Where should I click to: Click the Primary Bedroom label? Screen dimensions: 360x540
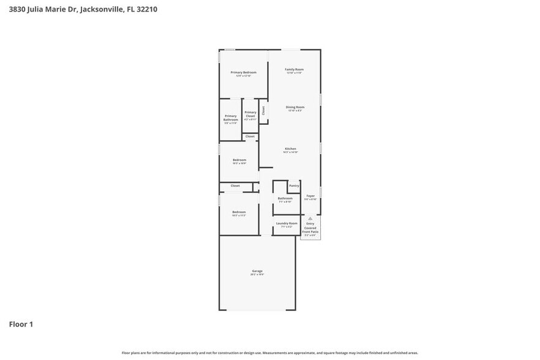click(x=243, y=72)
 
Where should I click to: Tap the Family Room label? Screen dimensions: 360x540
click(x=294, y=69)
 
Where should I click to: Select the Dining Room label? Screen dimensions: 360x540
click(x=294, y=107)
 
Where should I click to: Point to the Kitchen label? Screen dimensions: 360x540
click(x=290, y=149)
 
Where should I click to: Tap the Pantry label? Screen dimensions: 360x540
click(x=294, y=185)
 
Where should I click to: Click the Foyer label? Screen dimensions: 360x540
click(x=310, y=196)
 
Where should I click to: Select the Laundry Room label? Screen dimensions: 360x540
click(x=286, y=223)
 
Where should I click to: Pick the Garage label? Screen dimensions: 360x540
click(x=257, y=271)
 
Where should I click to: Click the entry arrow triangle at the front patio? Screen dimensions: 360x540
click(x=310, y=218)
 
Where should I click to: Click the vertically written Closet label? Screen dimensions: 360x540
click(x=263, y=111)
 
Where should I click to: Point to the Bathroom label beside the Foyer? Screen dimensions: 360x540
click(x=285, y=198)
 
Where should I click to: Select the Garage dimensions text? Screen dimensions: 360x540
click(x=257, y=275)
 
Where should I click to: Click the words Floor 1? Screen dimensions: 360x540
click(x=21, y=324)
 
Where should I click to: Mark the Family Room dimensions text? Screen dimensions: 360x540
click(x=294, y=73)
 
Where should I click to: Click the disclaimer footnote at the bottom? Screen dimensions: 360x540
click(x=269, y=353)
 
